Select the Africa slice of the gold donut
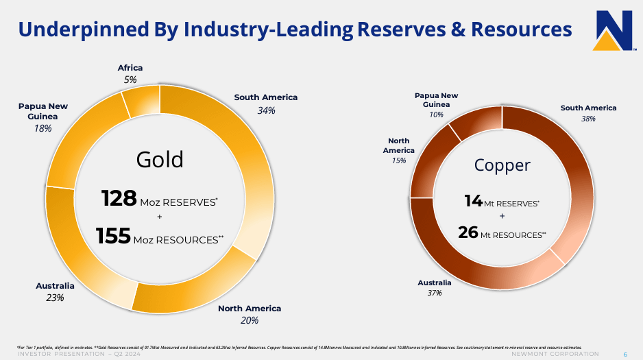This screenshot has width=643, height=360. pos(141,101)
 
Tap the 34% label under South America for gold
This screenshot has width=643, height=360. pos(265,110)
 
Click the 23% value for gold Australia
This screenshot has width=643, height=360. pos(55,298)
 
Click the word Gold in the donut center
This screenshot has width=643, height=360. pos(160,159)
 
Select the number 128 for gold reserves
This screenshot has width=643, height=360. pos(119,199)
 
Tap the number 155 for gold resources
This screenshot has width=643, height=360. pos(113,236)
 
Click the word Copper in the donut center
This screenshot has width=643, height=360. pos(502,165)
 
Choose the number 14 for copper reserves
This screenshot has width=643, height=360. pos(474,201)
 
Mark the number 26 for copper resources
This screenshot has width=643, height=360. pos(468,232)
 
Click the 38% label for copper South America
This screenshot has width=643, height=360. pos(588,119)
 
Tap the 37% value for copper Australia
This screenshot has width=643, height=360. pos(434,293)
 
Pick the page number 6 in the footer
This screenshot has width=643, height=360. pos(625,354)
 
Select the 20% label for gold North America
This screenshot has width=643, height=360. pos(250,320)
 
